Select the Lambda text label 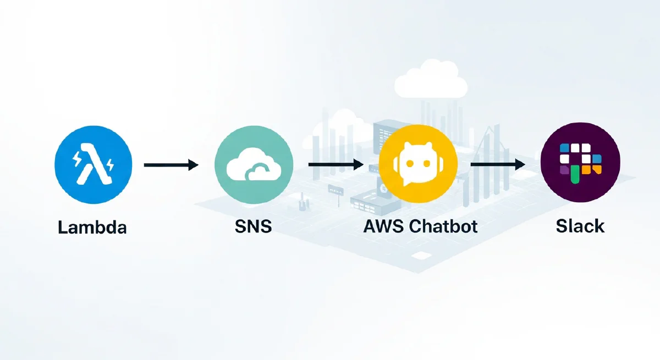click(x=92, y=226)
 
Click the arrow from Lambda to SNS click(x=170, y=164)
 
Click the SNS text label click(x=252, y=226)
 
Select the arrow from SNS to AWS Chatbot click(x=335, y=164)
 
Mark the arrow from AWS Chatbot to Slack click(x=497, y=164)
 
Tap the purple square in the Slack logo click(x=564, y=171)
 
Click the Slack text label click(x=580, y=226)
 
